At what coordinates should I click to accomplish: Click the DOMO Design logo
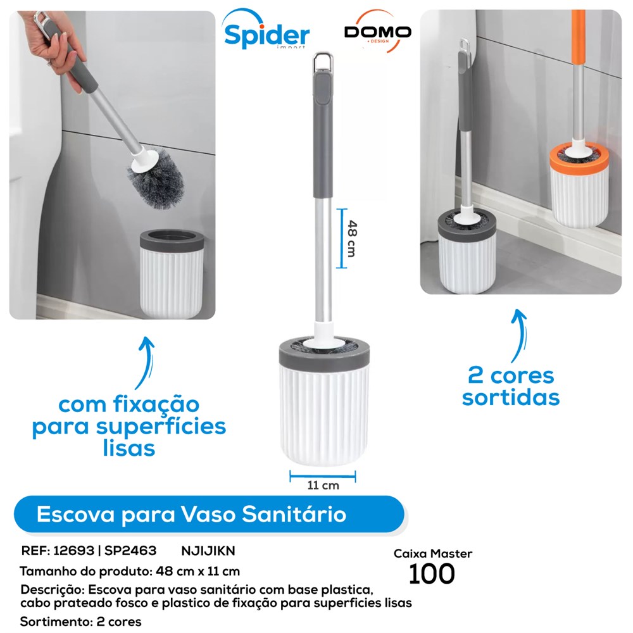pyautogui.click(x=377, y=32)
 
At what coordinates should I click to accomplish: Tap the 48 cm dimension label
pyautogui.click(x=352, y=238)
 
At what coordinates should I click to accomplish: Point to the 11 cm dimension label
pyautogui.click(x=323, y=486)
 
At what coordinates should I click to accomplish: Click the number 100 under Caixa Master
pyautogui.click(x=432, y=574)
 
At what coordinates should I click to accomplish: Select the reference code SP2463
pyautogui.click(x=130, y=551)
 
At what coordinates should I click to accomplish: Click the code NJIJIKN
pyautogui.click(x=208, y=551)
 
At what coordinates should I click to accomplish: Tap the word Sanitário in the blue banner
pyautogui.click(x=294, y=514)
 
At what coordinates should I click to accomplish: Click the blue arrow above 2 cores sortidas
pyautogui.click(x=520, y=335)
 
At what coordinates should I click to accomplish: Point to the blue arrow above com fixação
pyautogui.click(x=146, y=361)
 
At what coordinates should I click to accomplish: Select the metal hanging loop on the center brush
pyautogui.click(x=323, y=62)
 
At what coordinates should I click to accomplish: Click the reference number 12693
pyautogui.click(x=73, y=551)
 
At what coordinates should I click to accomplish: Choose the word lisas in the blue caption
pyautogui.click(x=128, y=449)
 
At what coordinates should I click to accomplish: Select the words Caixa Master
pyautogui.click(x=433, y=553)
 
